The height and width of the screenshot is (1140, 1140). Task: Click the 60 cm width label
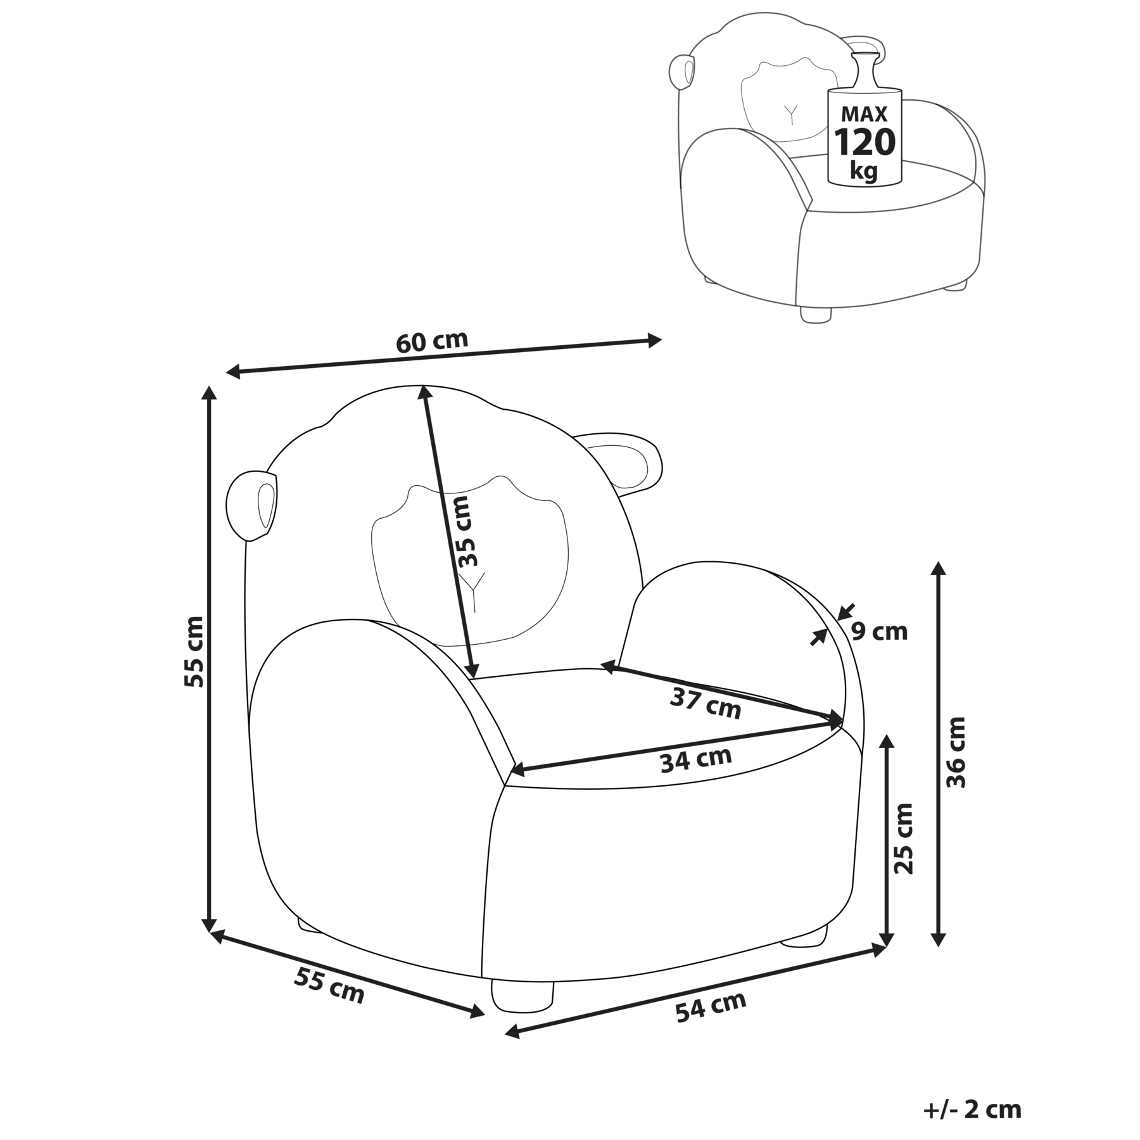tap(432, 341)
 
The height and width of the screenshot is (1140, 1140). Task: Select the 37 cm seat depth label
tap(705, 704)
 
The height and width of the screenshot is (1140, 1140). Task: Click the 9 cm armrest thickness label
tap(879, 631)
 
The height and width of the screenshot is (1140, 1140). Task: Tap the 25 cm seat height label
tap(902, 838)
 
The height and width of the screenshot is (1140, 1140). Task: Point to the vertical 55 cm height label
tap(193, 652)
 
